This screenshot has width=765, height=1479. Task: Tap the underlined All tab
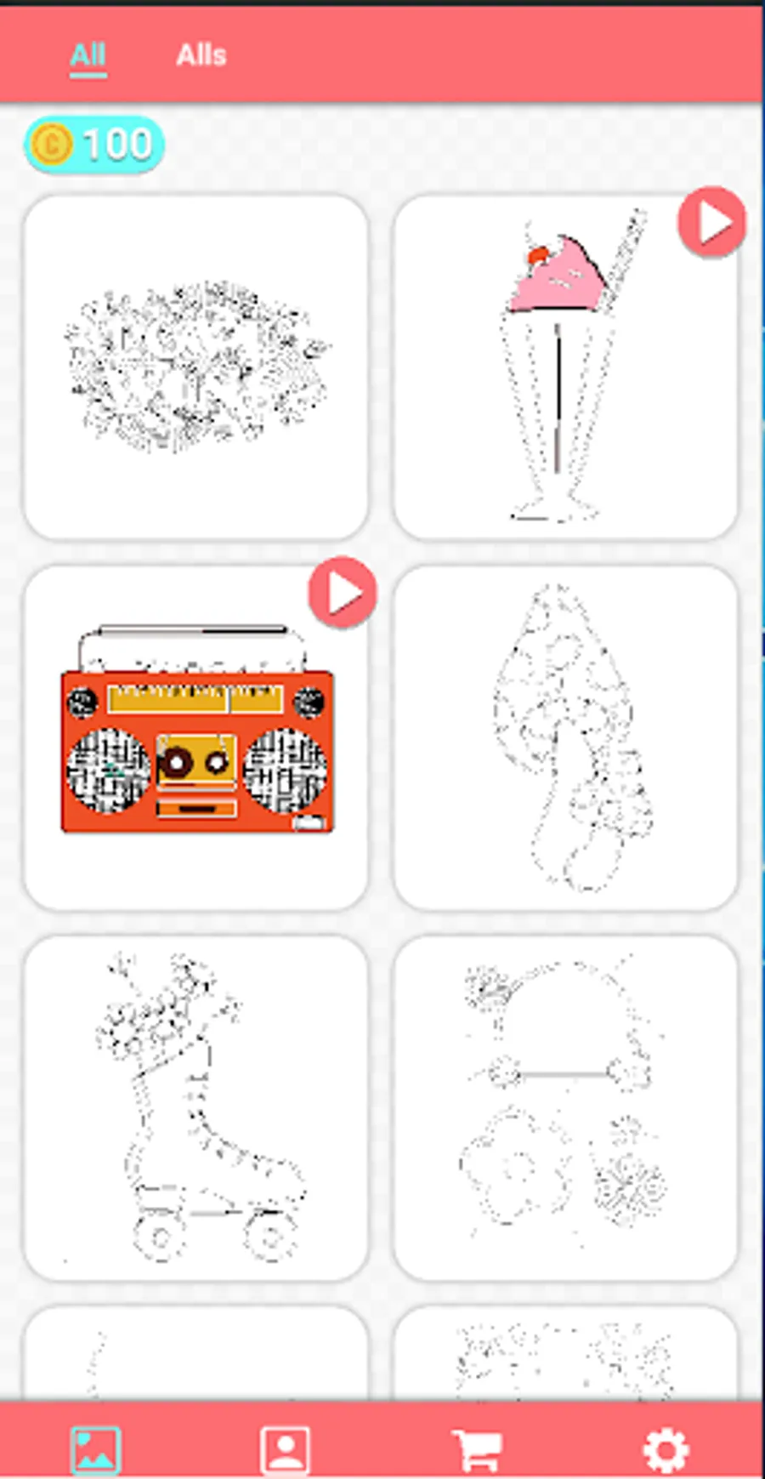click(x=88, y=56)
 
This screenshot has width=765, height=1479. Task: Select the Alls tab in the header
click(x=201, y=56)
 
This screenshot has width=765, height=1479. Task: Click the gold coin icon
click(x=50, y=144)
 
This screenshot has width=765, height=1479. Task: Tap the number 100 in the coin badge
click(x=117, y=144)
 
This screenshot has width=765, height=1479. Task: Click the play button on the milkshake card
click(x=711, y=222)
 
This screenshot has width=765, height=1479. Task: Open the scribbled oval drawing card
click(x=196, y=367)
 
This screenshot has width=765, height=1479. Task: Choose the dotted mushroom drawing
click(x=566, y=738)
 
